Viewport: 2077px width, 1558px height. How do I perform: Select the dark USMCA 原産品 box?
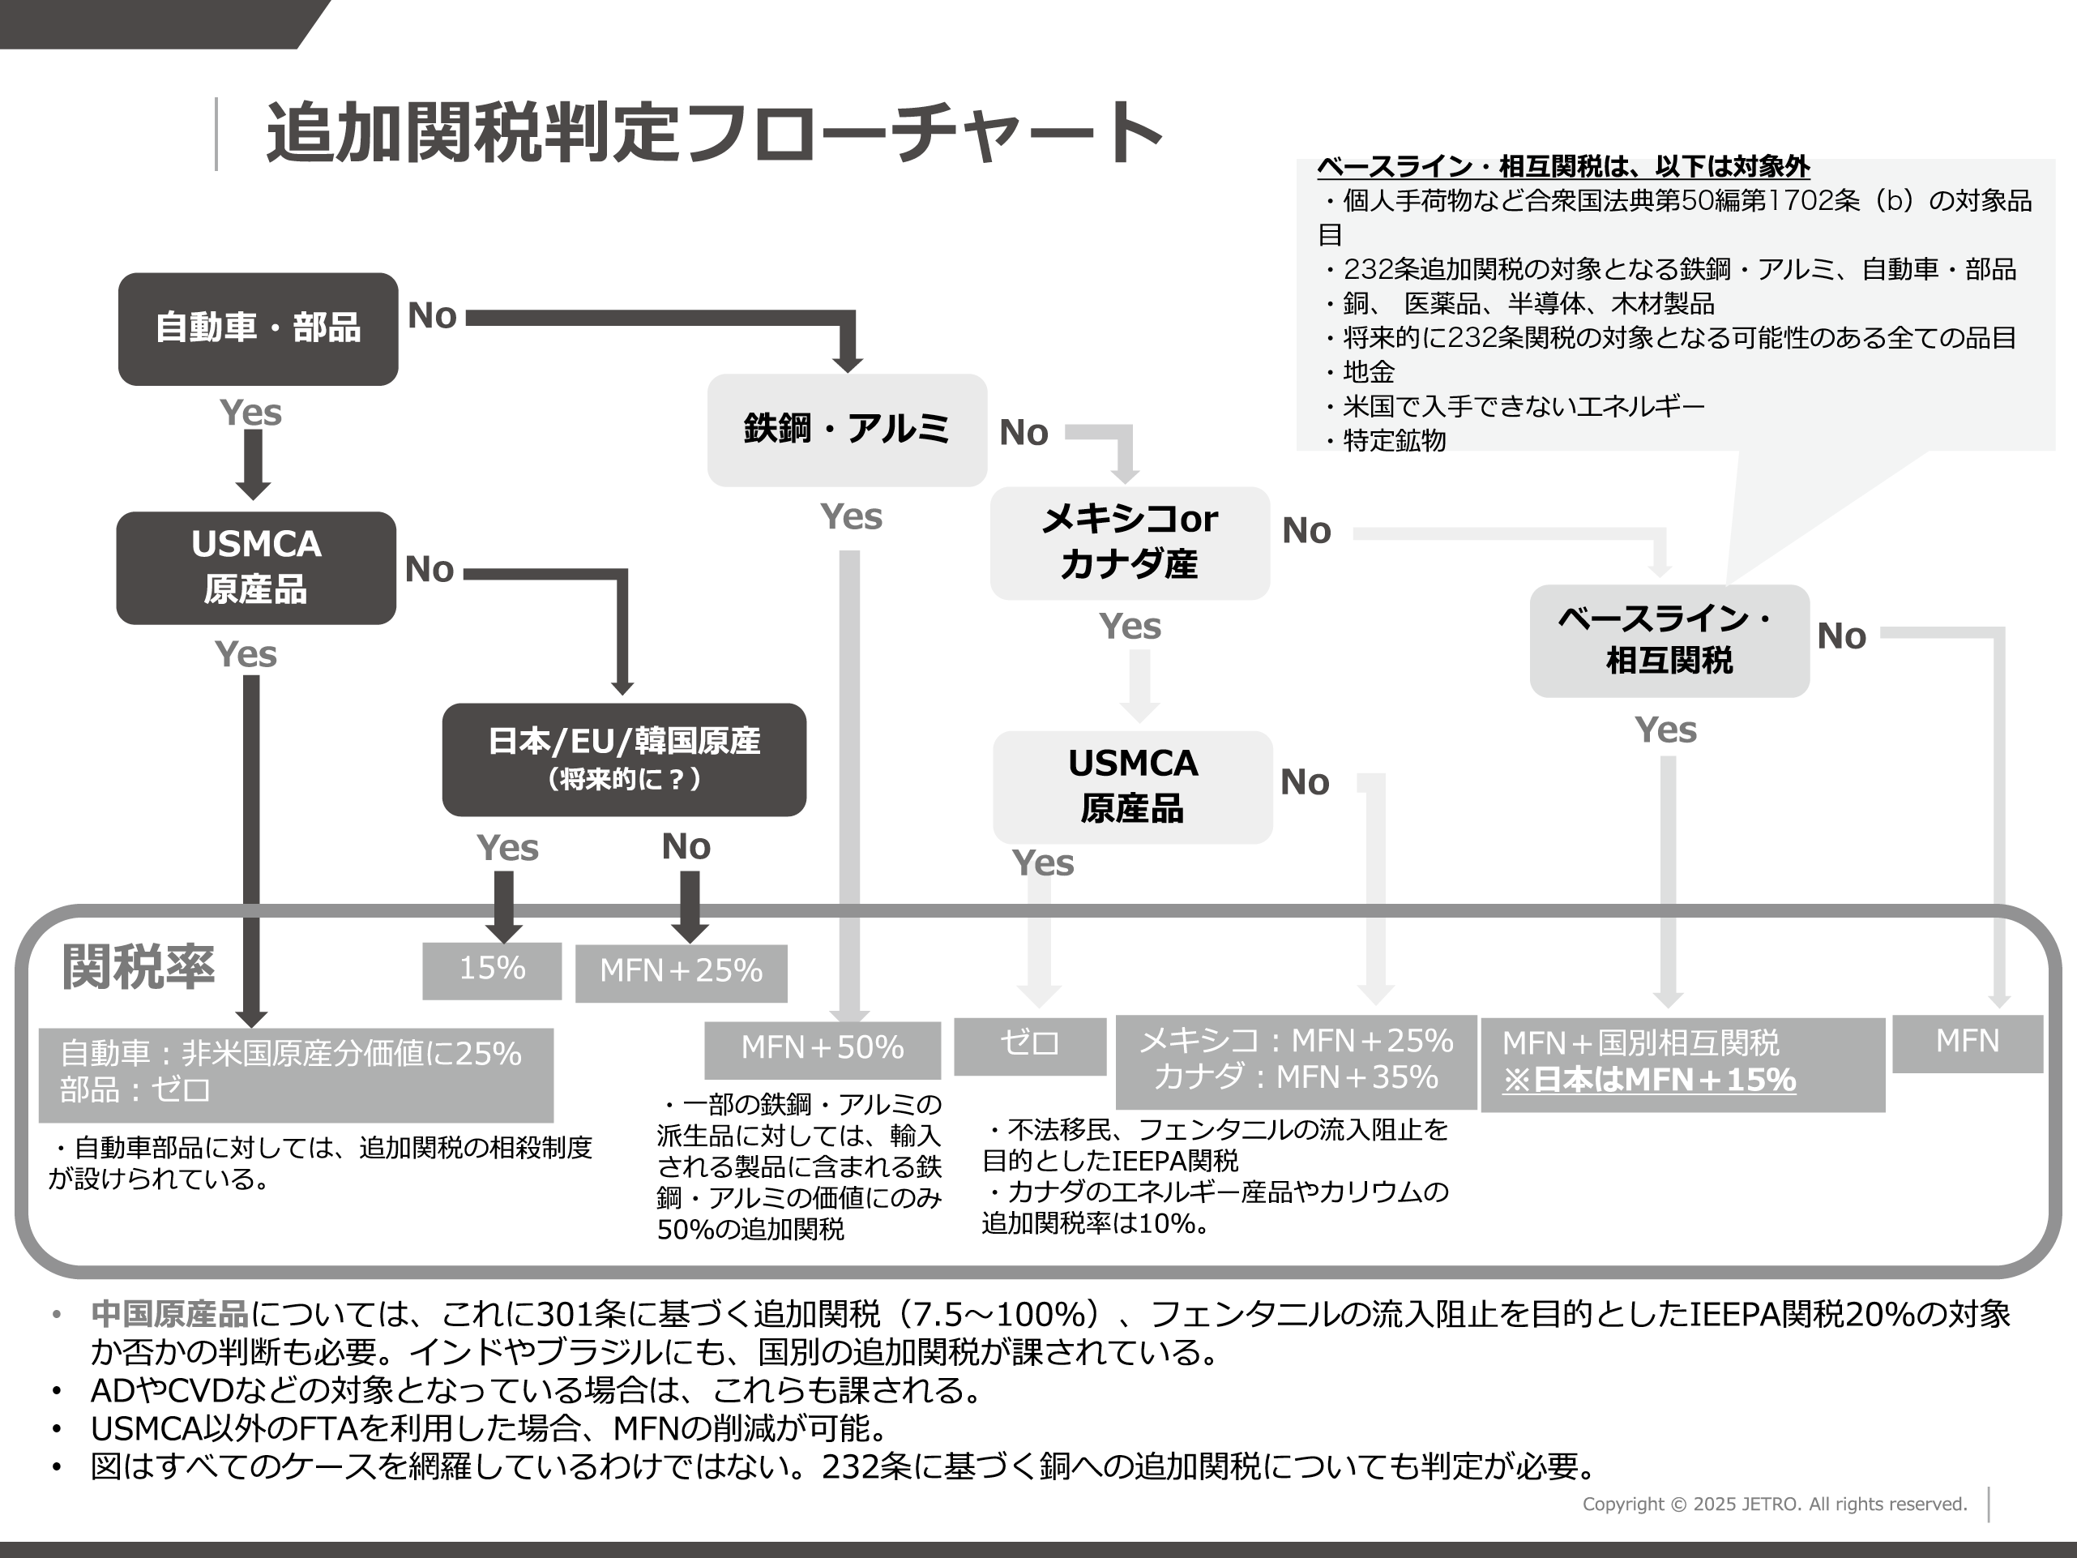[x=255, y=567]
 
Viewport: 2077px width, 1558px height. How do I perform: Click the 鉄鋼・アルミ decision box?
[x=846, y=429]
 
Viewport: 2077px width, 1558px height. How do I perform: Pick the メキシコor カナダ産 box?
[x=1130, y=541]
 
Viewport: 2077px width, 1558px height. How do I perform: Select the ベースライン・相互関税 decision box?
[x=1669, y=640]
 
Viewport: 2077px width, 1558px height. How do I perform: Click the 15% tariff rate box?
[x=492, y=969]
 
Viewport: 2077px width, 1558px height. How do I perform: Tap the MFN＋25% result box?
[x=681, y=972]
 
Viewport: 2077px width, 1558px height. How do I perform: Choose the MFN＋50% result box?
[x=822, y=1048]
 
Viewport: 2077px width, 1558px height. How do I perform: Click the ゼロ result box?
[x=1029, y=1044]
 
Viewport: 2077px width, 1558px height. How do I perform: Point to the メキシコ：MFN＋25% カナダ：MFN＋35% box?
[x=1295, y=1060]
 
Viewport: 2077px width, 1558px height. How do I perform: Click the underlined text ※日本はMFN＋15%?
[x=1649, y=1080]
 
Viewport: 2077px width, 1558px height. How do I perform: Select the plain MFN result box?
[x=1967, y=1042]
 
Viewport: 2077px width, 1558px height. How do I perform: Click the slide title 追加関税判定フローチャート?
[x=714, y=132]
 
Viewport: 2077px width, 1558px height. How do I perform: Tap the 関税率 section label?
[x=138, y=966]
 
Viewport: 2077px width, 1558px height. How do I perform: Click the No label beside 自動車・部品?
[x=432, y=316]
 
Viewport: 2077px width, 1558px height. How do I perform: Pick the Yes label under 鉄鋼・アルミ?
[x=851, y=516]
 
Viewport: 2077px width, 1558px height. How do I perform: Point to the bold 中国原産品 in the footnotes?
[x=170, y=1314]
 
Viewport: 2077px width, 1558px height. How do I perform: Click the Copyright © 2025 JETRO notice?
[x=1774, y=1504]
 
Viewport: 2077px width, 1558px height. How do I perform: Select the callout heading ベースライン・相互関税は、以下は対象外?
[x=1562, y=167]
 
